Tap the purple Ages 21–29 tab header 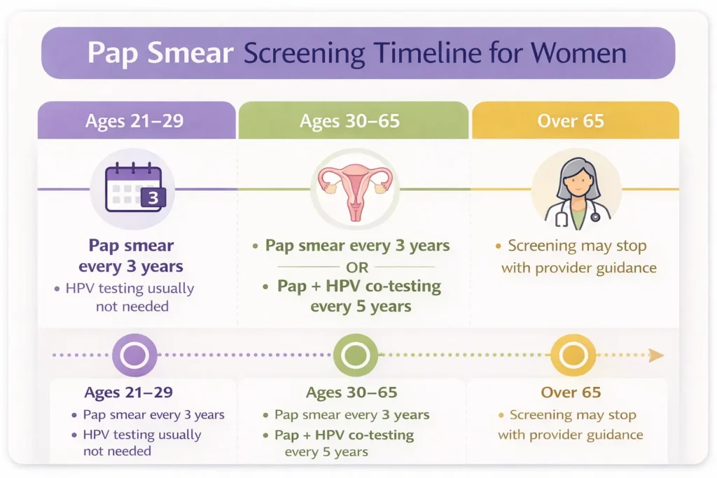134,120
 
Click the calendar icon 133,188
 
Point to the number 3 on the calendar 153,199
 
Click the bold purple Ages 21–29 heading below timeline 128,393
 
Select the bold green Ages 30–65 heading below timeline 351,393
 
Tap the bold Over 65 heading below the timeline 571,393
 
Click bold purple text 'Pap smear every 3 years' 131,256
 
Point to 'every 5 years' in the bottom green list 326,451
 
